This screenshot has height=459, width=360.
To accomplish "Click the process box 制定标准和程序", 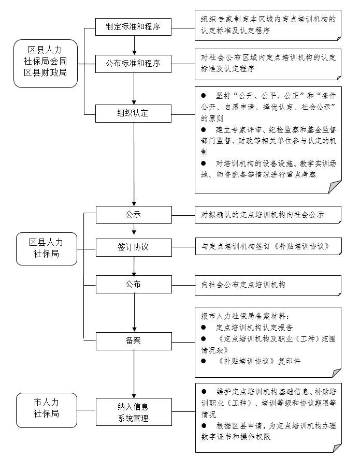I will (134, 26).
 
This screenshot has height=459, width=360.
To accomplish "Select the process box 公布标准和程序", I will (134, 64).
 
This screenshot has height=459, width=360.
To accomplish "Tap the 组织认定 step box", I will (134, 112).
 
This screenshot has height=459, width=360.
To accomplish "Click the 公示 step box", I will (134, 214).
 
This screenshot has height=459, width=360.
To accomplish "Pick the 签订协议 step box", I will (134, 246).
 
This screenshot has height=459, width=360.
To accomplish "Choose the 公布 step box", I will (134, 284).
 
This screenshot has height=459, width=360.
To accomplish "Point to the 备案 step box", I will (134, 341).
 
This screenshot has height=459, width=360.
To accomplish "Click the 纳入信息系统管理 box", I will (134, 412).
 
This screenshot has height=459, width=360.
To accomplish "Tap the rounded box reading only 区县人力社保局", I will (45, 247).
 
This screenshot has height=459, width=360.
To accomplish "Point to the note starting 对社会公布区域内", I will (268, 63).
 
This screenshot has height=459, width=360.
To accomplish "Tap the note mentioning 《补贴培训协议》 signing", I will (268, 246).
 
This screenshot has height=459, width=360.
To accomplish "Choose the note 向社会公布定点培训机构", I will (268, 285).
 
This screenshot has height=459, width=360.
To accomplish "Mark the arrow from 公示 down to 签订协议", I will (134, 230).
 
